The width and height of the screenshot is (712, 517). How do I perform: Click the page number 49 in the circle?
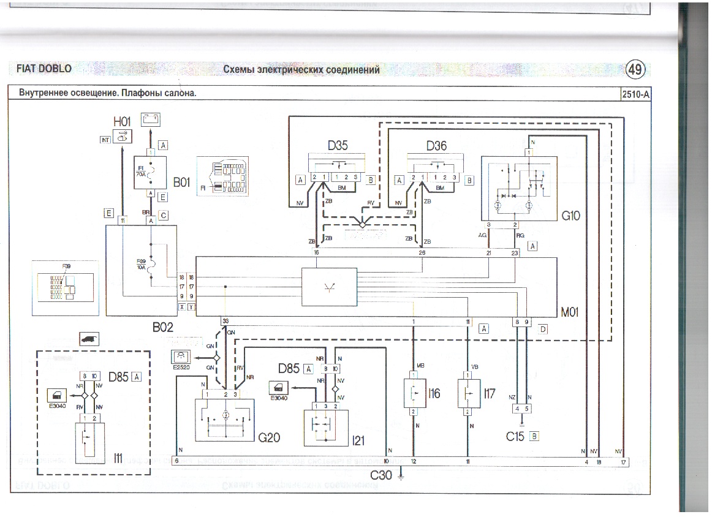coord(635,70)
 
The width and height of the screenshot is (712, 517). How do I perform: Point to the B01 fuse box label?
coord(182,182)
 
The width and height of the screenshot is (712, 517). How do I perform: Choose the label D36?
coord(436,146)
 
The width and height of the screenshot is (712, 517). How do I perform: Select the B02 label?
coord(163,328)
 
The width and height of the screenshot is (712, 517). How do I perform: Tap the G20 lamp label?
coord(269,437)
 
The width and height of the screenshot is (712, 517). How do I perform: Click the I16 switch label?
coord(434,393)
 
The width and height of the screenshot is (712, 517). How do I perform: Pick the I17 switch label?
coord(489,393)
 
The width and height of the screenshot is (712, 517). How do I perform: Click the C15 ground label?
coord(516,437)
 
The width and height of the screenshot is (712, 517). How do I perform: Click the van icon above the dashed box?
coord(89,339)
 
